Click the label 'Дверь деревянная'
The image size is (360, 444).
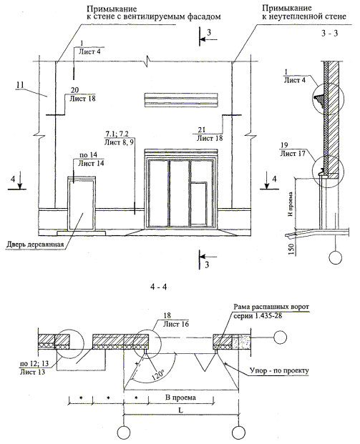pos(35,245)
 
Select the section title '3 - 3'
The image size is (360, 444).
pos(330,33)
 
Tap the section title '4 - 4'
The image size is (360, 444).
pos(159,287)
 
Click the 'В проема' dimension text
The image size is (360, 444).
pos(180,398)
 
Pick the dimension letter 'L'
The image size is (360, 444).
pos(180,410)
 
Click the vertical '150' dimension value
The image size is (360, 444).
pos(292,250)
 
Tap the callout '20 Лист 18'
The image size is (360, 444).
pos(82,94)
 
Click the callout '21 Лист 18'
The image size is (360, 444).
pos(210,134)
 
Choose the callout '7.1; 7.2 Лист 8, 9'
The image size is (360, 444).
pos(119,137)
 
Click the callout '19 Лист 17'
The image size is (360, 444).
pos(293,149)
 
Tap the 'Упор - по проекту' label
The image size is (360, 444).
pos(279,370)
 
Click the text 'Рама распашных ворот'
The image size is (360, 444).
pos(271,307)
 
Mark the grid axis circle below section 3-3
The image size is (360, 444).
pos(336,257)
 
